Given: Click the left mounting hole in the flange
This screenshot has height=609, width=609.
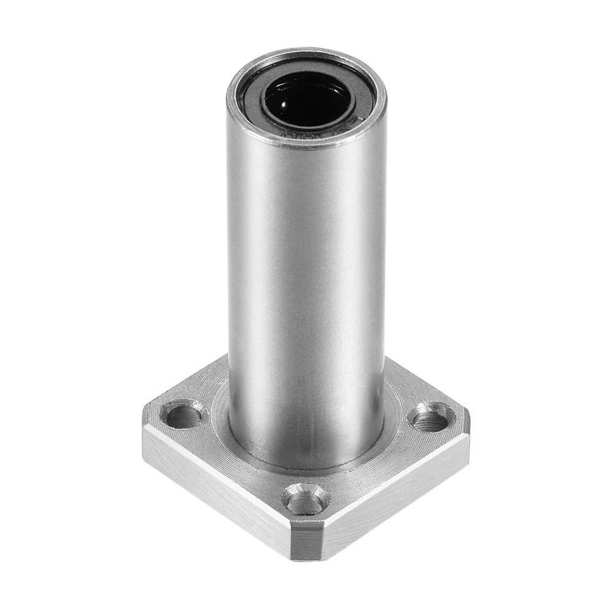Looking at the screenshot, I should (184, 416).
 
